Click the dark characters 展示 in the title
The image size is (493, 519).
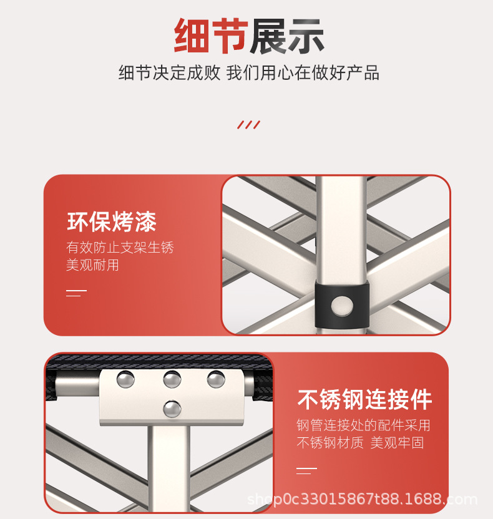point(286,36)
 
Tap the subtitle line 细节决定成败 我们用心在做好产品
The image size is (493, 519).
point(248,73)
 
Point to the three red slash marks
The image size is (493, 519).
point(248,125)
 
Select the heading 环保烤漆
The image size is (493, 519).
point(112,221)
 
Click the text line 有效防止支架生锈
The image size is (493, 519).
point(120,248)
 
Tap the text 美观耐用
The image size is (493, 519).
point(92,265)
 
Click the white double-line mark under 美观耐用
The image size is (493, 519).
point(76,293)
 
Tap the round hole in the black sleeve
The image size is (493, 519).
point(341,305)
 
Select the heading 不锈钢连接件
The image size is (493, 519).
point(364,399)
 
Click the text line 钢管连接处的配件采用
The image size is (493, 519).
point(363,425)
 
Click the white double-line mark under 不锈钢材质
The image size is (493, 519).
point(306,470)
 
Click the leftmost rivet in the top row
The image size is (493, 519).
point(126,378)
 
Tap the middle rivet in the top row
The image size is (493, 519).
point(172,378)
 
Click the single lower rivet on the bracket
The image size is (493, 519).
point(172,409)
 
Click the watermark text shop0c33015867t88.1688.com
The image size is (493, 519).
point(362,499)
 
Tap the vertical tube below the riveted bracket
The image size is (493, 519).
point(168,468)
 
